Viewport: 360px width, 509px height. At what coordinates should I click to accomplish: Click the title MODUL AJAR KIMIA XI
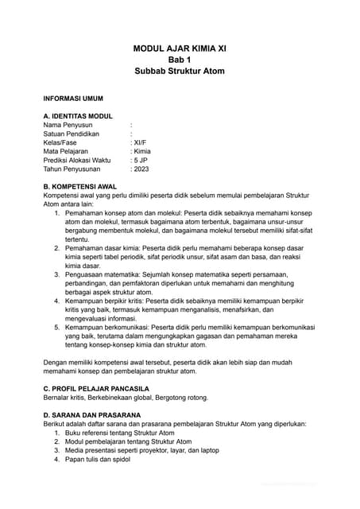pyautogui.click(x=180, y=49)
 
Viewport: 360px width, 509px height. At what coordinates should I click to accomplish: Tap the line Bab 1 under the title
pyautogui.click(x=180, y=60)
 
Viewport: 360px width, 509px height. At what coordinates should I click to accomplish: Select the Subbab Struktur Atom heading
pyautogui.click(x=180, y=71)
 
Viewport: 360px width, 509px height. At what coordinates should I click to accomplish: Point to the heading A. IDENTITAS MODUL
pyautogui.click(x=79, y=116)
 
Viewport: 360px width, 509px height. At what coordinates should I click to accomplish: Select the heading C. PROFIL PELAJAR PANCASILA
pyautogui.click(x=96, y=388)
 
